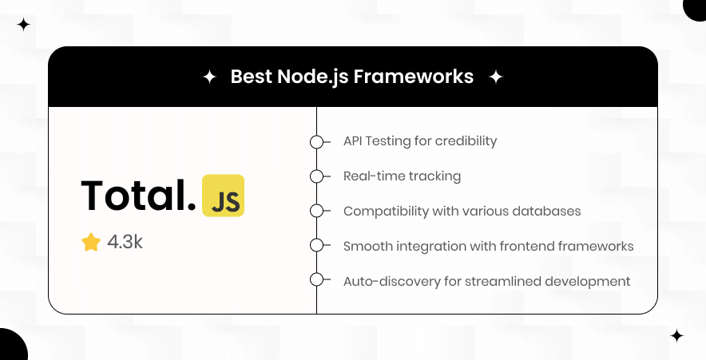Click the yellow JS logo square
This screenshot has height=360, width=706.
224,196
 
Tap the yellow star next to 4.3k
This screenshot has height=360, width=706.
90,242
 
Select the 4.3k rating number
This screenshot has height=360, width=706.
125,242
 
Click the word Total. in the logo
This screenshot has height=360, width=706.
138,196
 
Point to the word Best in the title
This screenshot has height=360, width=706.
250,77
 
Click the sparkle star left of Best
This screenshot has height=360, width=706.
209,77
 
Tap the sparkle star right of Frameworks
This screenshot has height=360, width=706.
495,77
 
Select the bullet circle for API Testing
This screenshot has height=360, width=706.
316,142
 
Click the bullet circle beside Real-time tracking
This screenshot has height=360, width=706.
316,176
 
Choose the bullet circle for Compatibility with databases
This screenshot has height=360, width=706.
316,212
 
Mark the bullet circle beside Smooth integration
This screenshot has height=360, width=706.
316,246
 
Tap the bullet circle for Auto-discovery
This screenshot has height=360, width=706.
316,280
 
